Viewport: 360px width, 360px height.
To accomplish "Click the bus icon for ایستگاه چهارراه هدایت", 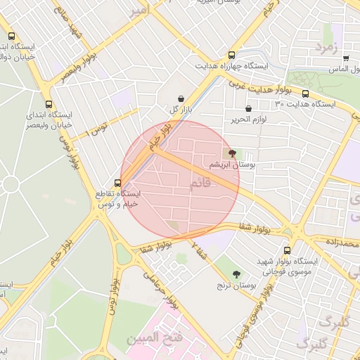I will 232,56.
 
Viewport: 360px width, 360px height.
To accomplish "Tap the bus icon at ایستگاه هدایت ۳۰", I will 305,94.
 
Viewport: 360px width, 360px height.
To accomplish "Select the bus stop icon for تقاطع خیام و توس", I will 108,183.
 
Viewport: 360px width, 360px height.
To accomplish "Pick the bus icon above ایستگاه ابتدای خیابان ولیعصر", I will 48,102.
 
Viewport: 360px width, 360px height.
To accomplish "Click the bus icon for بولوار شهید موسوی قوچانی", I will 287,250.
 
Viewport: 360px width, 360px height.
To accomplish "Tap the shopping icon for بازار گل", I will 182,98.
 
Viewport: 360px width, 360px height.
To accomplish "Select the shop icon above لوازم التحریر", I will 249,108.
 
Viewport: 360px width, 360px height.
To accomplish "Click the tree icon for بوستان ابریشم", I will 233,153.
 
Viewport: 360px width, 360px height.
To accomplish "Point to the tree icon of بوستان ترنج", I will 236,274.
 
